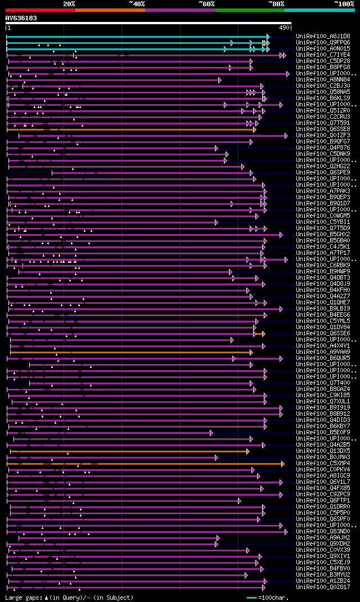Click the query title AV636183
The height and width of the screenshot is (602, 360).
(21, 18)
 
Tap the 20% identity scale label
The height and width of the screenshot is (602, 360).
(69, 4)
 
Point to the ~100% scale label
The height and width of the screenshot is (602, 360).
(344, 4)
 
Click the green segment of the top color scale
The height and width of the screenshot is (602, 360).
(249, 10)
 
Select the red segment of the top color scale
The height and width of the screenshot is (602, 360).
(40, 10)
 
